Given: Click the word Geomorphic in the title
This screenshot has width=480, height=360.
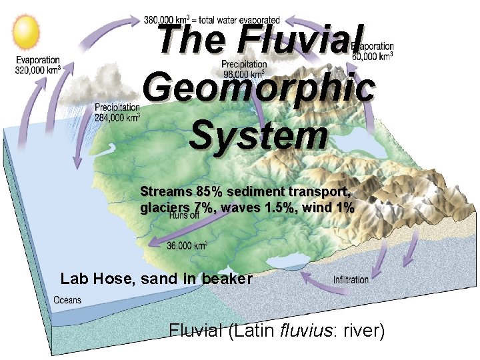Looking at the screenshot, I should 258,89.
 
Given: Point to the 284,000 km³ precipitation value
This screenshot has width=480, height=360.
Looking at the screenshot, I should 117,117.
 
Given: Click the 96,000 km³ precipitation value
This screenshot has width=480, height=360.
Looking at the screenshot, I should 243,74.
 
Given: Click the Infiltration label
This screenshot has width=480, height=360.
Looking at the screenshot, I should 350,279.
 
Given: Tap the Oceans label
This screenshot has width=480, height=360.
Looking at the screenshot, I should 67,300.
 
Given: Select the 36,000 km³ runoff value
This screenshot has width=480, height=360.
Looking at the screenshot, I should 187,245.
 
